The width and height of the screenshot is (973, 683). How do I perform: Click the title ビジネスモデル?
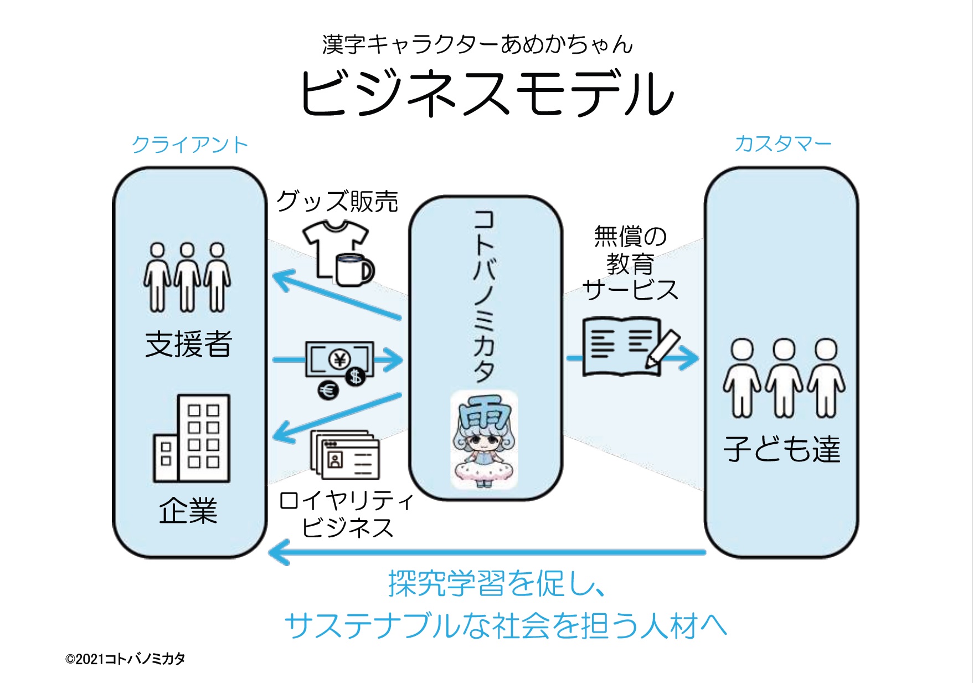pos(486,93)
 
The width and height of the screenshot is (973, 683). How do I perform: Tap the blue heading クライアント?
pos(190,145)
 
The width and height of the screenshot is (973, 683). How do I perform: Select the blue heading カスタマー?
pos(782,144)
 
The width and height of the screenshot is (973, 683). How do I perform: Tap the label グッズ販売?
pos(337,201)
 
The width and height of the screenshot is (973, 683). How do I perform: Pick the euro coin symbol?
pos(328,391)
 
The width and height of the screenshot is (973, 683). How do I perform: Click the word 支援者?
pos(188,344)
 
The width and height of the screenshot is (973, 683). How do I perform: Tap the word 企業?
pos(188,510)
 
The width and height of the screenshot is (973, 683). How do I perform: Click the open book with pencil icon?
pos(629,347)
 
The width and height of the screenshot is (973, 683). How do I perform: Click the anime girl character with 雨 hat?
pos(484,440)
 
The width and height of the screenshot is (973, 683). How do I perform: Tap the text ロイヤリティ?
pos(347,501)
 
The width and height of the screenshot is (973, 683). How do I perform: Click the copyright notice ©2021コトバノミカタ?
pos(125,659)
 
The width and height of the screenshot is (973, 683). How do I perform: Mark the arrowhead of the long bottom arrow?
pos(277,552)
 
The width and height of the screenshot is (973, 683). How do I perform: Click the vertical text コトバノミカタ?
pos(484,296)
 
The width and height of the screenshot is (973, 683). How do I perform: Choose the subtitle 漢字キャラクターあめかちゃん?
pos(477,44)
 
